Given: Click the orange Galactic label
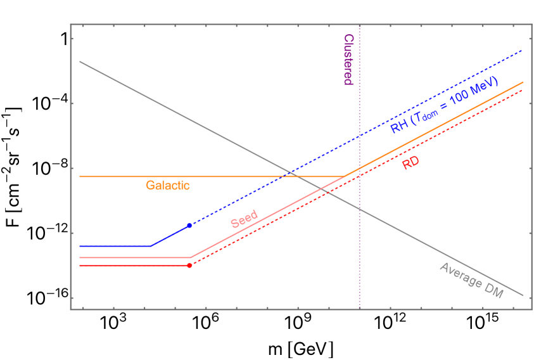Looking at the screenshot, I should coord(168,186).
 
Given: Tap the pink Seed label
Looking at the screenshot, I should coord(244,219).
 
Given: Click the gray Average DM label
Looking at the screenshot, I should coord(471,281).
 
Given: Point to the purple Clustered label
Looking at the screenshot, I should coord(348,60).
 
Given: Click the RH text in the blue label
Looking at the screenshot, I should coord(399,127).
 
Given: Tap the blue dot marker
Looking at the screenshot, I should coord(189,226).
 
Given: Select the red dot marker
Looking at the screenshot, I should coord(189,265).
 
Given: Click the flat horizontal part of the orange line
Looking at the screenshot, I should coord(209,176).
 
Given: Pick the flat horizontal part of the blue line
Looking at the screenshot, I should coord(114,246).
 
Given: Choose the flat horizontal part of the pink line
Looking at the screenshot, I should coord(133,257).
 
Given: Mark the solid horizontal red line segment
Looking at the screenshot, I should coord(133,266).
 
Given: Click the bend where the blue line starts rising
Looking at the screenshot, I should coord(151,246).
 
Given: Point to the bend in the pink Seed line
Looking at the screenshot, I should coord(191,257).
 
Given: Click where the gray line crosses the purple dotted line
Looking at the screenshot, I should coord(360,209).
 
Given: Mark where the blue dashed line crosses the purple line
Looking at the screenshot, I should coord(360,136).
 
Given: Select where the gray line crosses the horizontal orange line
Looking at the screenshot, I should coord(299,176).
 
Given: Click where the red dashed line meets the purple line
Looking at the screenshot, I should coord(360,175).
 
